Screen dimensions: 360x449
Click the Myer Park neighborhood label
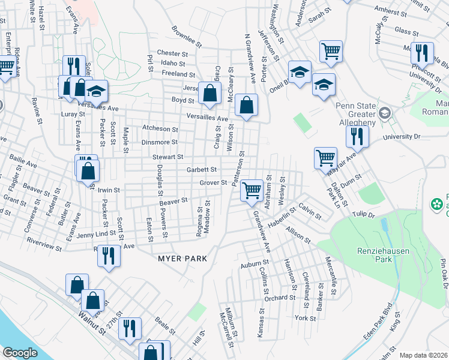pyautogui.click(x=182, y=259)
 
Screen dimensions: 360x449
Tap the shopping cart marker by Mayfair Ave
pyautogui.click(x=325, y=158)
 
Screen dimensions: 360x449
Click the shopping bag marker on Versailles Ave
pyautogui.click(x=246, y=106)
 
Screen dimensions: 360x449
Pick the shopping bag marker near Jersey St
pyautogui.click(x=209, y=93)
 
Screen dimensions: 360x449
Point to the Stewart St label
pyautogui.click(x=167, y=157)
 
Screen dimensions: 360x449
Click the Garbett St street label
pyautogui.click(x=201, y=170)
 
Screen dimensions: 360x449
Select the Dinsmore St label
pyautogui.click(x=159, y=142)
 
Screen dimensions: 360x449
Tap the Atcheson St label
pyautogui.click(x=160, y=129)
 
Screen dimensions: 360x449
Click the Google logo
pyautogui.click(x=19, y=353)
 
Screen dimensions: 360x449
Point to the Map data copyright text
pyautogui.click(x=423, y=355)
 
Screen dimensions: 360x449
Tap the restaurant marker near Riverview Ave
pyautogui.click(x=109, y=256)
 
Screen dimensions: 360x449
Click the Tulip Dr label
pyautogui.click(x=363, y=214)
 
